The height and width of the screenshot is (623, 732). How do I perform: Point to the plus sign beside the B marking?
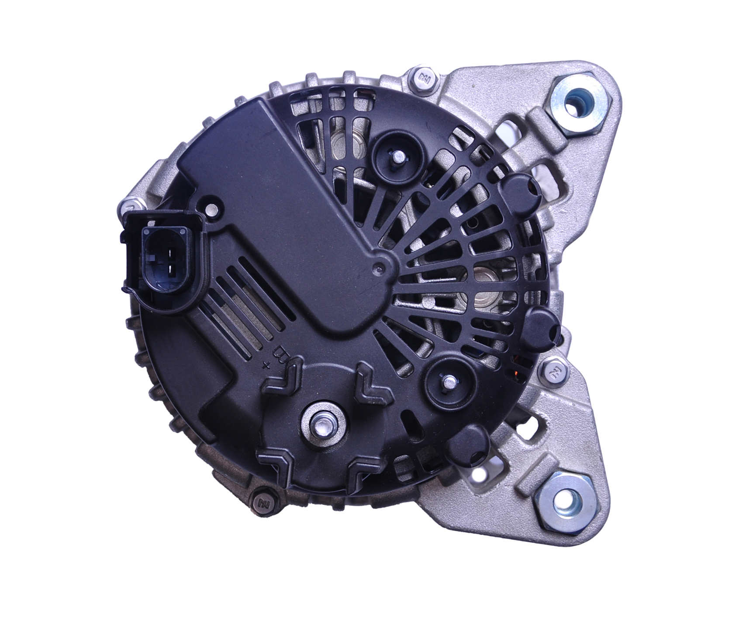coord(264,365)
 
